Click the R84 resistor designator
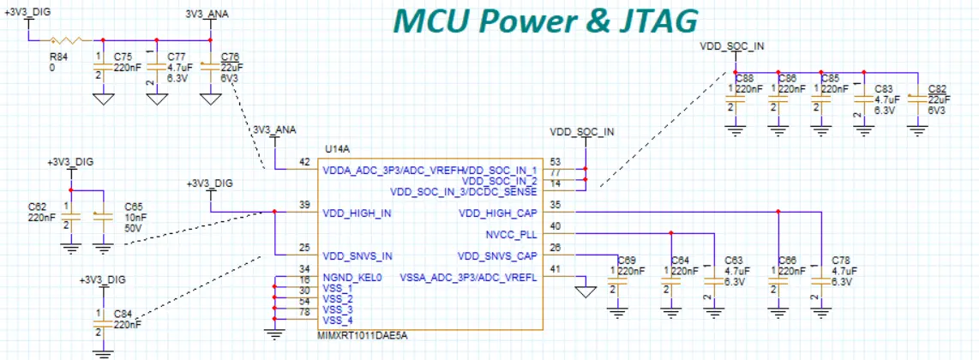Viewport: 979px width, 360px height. [x=59, y=58]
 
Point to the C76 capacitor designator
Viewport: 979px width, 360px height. [x=230, y=57]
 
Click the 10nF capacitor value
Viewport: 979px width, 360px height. [x=135, y=217]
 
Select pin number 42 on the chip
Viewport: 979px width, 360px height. [x=303, y=162]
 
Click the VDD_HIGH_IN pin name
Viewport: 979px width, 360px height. [x=357, y=213]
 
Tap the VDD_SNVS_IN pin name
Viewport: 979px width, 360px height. [x=358, y=255]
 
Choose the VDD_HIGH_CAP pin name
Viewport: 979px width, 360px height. [x=498, y=213]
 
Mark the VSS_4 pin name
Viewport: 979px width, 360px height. [x=337, y=320]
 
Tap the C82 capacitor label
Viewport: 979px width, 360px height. [x=938, y=89]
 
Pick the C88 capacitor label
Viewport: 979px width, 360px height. [x=745, y=78]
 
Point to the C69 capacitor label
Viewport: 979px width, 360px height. [x=627, y=260]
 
